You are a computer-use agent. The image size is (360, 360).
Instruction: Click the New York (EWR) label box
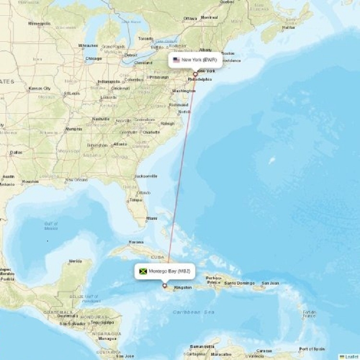tap(195, 60)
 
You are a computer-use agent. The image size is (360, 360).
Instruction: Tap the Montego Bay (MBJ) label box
tap(165, 272)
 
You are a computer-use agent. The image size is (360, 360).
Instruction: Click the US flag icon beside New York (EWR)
tap(176, 60)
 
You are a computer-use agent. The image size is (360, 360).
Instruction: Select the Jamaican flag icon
tap(143, 272)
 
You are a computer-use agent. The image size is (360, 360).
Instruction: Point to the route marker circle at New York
tap(195, 74)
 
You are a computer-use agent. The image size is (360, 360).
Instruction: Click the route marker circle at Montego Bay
tap(165, 286)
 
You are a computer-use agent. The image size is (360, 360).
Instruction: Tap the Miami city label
tap(152, 218)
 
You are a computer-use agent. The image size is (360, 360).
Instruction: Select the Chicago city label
tap(93, 59)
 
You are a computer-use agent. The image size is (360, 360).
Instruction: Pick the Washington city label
tap(184, 91)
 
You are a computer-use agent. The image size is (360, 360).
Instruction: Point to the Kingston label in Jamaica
tap(183, 288)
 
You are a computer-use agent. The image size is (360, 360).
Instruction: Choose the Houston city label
tap(30, 181)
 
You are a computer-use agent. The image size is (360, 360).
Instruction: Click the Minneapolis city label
tap(39, 23)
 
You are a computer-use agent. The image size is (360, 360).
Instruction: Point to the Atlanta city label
tap(120, 144)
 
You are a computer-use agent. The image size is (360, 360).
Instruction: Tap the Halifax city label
tap(289, 27)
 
